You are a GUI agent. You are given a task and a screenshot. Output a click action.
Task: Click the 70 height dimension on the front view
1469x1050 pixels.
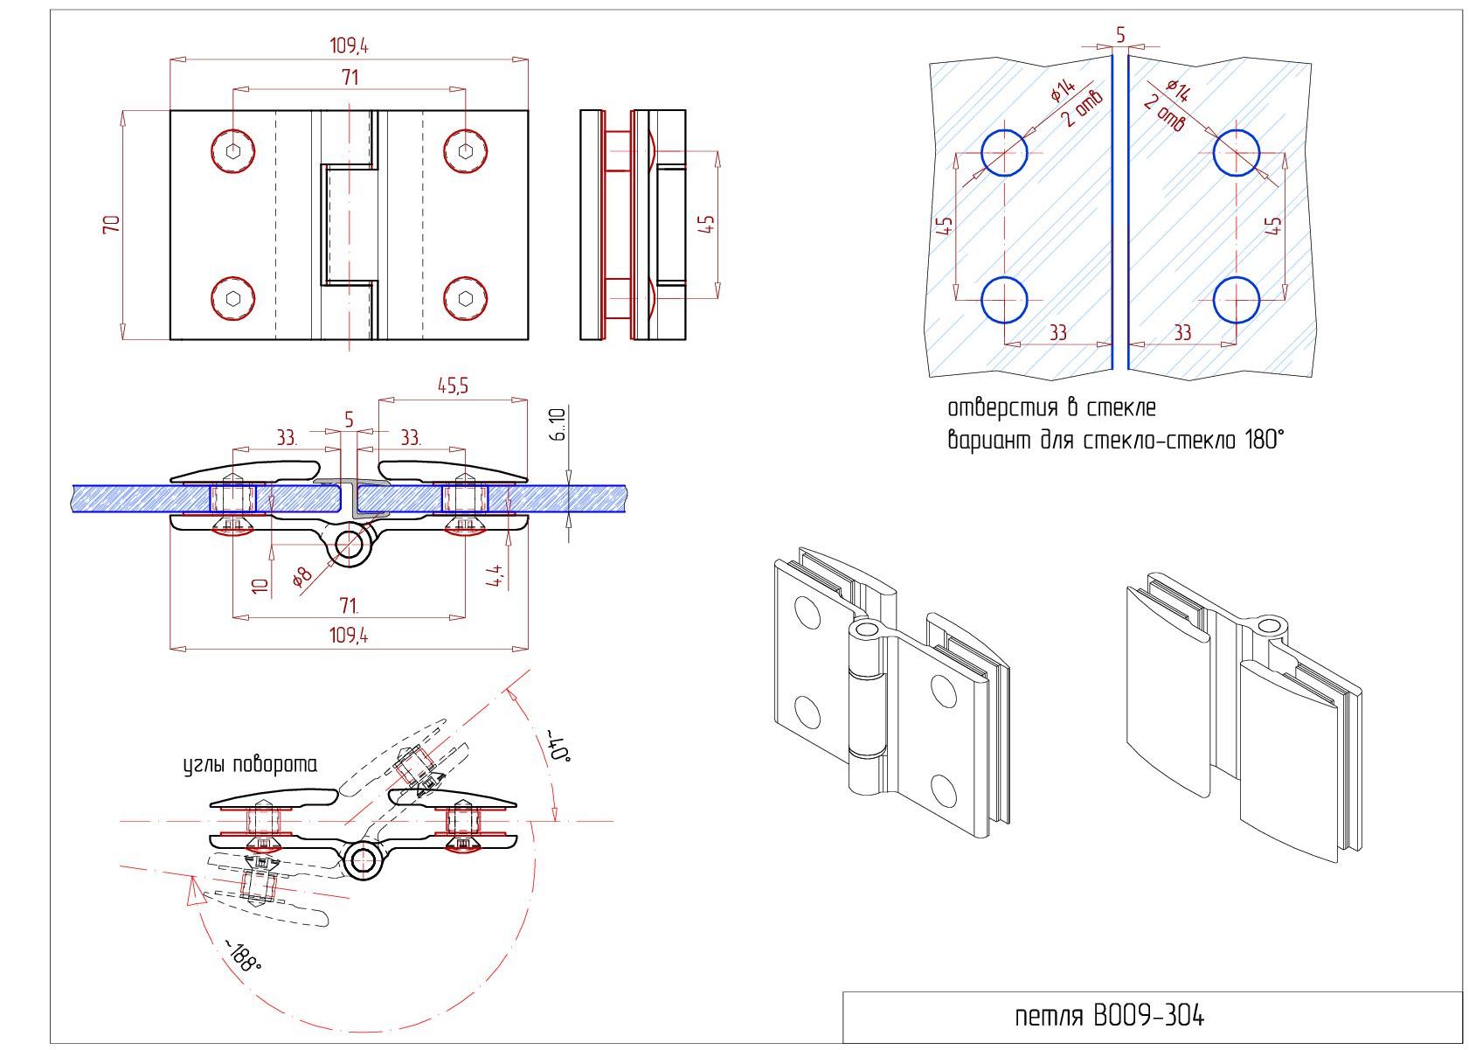[112, 225]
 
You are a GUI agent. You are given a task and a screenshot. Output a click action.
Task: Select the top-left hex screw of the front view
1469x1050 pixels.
[232, 151]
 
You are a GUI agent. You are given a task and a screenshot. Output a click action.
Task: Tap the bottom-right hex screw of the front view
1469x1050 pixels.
[465, 299]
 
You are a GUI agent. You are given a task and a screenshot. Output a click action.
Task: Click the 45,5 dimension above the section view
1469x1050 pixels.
[454, 386]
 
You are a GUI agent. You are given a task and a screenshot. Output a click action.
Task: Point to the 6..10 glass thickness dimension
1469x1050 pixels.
[558, 424]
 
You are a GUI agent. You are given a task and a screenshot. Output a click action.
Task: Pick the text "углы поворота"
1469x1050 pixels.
[250, 765]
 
